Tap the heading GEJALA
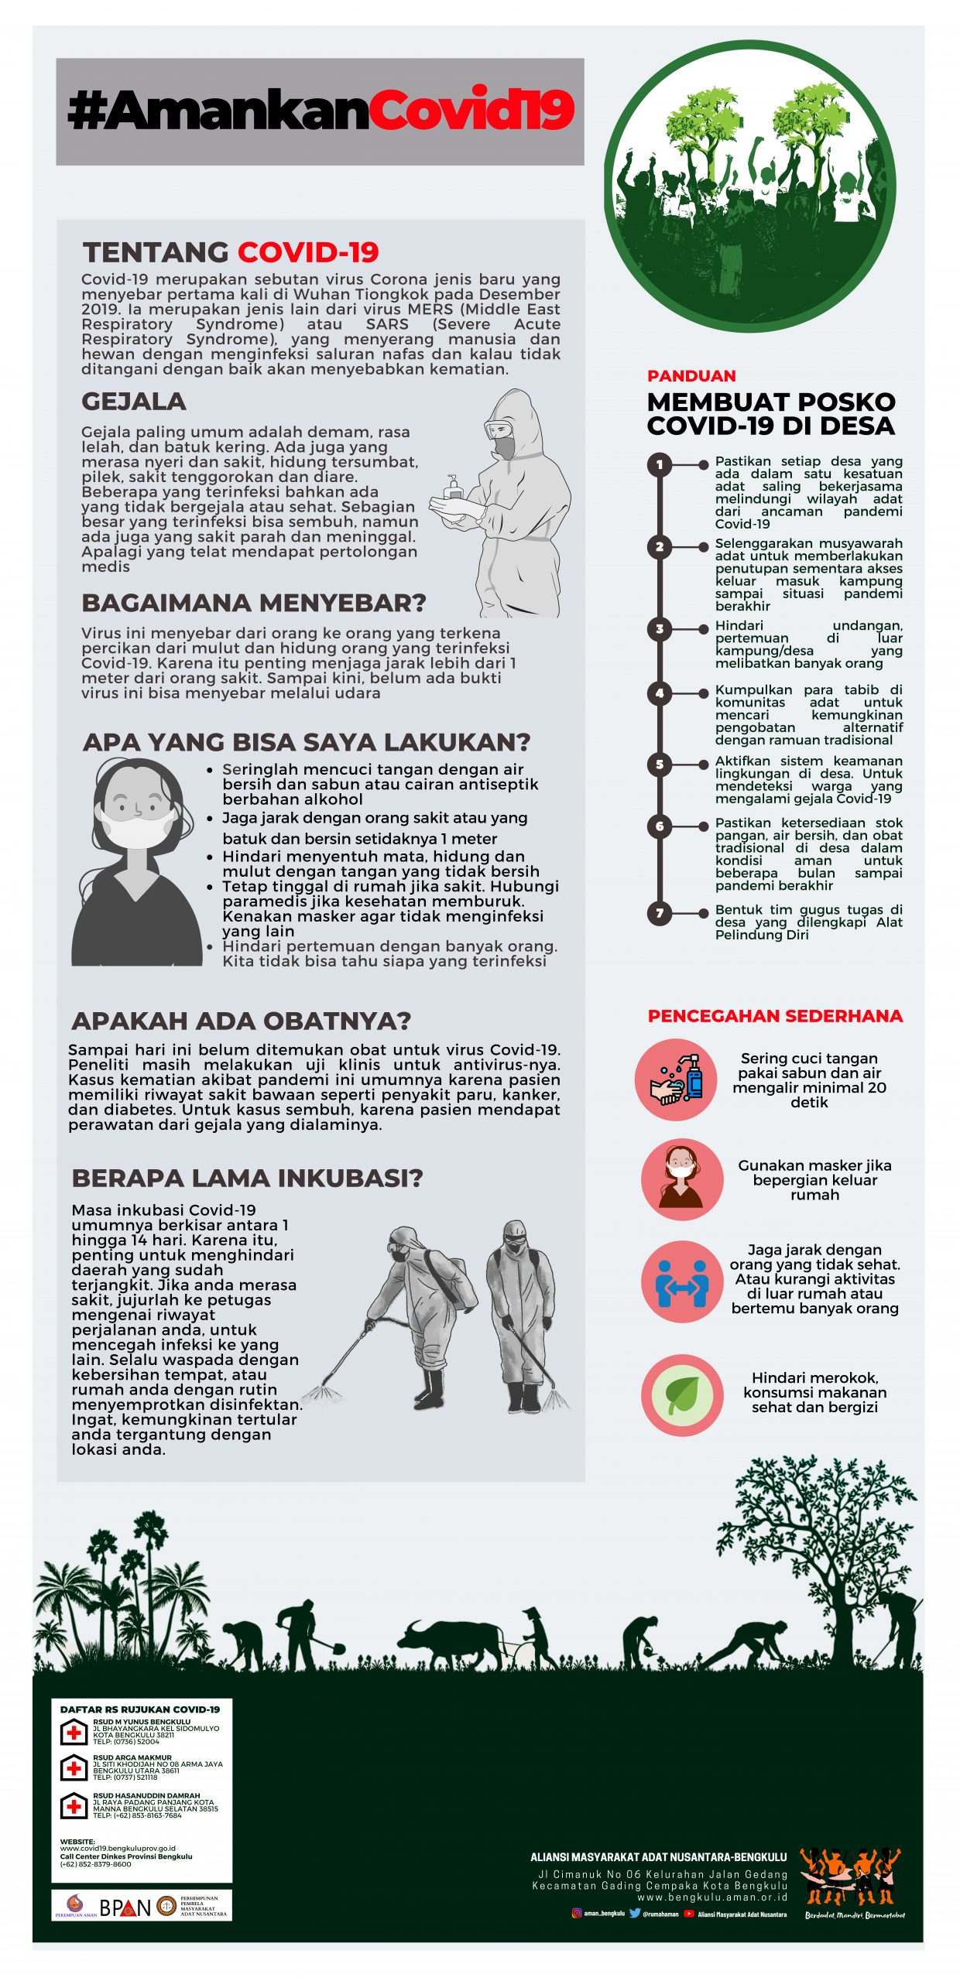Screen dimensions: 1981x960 [x=134, y=402]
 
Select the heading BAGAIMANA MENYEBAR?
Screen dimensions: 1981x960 [x=254, y=603]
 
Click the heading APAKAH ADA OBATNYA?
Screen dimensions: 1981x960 [x=241, y=1021]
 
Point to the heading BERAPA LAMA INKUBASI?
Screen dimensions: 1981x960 [x=247, y=1178]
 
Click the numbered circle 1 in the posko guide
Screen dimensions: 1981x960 [x=659, y=464]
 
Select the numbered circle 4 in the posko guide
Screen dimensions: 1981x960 [x=659, y=693]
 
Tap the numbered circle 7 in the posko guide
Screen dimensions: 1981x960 [x=659, y=913]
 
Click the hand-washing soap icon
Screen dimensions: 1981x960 [x=676, y=1079]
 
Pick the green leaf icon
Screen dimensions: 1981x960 [x=682, y=1395]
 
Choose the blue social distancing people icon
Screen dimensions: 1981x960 [x=682, y=1282]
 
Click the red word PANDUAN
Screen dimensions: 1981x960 [x=691, y=376]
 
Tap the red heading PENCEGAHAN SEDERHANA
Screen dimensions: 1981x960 [x=774, y=1016]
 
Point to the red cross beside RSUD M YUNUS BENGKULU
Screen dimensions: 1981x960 [x=74, y=1733]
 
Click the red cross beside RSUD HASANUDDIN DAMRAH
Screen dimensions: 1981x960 [x=74, y=1806]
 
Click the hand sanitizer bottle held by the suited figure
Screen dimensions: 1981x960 [x=452, y=488]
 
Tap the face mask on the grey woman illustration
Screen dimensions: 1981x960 [x=137, y=830]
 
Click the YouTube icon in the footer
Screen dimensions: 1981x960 [x=688, y=1914]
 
